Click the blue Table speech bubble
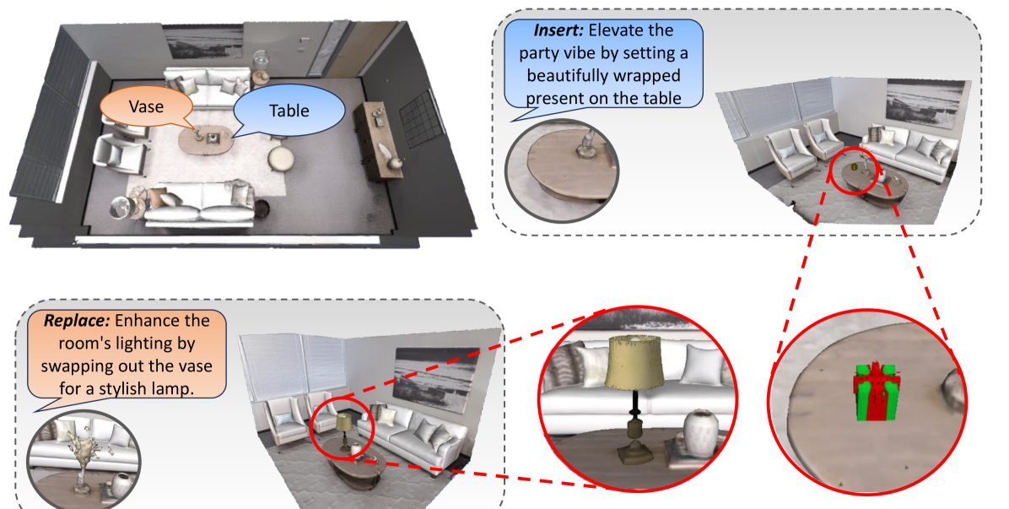[x=289, y=111]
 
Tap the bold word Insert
[x=558, y=30]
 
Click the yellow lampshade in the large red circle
[x=634, y=362]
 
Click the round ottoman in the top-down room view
[x=281, y=159]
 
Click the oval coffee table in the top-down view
[x=205, y=140]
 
